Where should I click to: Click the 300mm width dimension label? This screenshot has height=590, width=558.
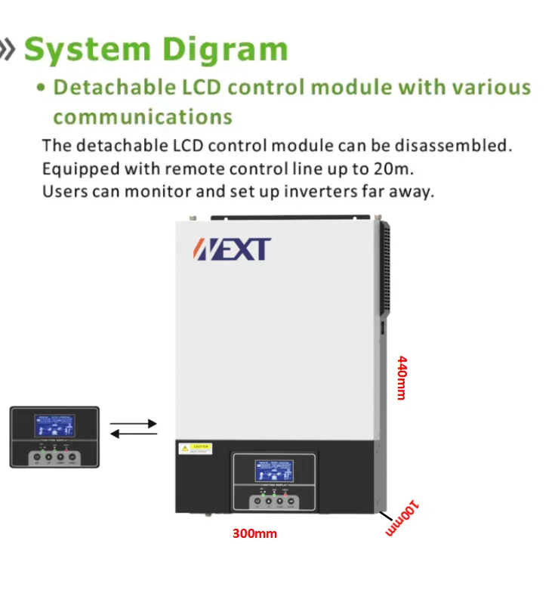point(254,534)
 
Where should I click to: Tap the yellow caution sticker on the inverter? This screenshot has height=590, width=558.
point(195,449)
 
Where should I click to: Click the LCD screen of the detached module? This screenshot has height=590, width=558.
point(54,426)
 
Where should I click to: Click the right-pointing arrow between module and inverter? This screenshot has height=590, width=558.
point(134,424)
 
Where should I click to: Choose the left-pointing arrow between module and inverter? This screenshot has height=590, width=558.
point(134,434)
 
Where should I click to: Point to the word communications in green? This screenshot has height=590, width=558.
point(142,117)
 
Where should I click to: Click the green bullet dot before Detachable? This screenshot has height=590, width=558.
point(43,88)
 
